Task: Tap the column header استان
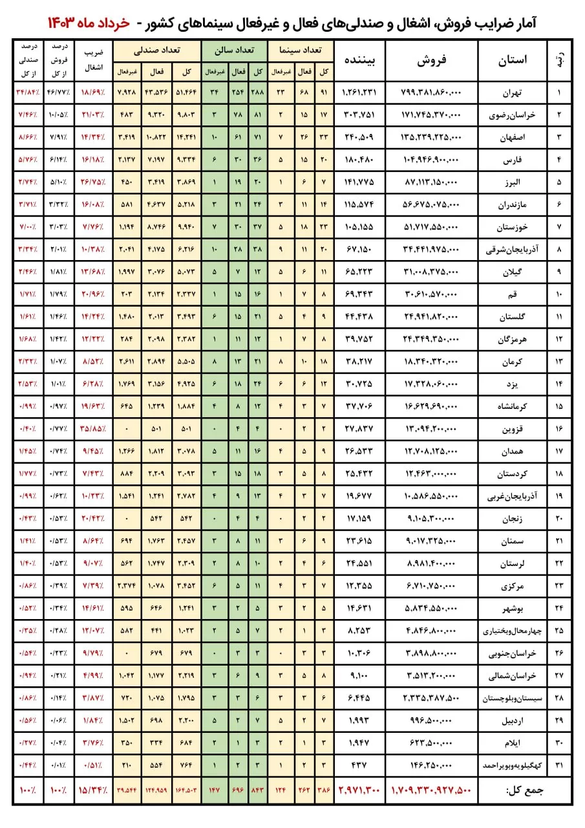(512, 60)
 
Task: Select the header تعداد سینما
(301, 50)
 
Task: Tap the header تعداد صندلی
(156, 50)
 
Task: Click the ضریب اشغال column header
(94, 60)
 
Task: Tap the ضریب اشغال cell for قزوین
(94, 430)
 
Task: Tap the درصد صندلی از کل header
(27, 60)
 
